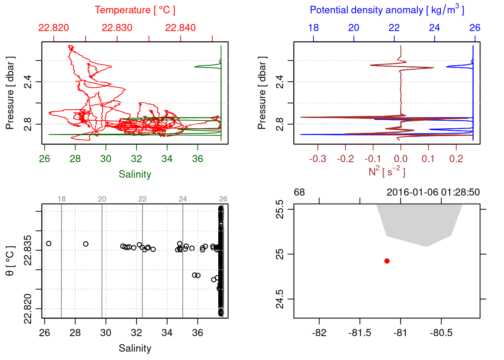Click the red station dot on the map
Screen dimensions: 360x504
click(x=387, y=261)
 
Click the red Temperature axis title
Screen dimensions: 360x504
click(x=135, y=10)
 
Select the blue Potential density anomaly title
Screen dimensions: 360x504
click(x=387, y=10)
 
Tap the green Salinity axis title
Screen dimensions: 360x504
click(x=135, y=174)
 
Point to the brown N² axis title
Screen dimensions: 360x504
click(x=387, y=172)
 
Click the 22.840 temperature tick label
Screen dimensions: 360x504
click(x=180, y=28)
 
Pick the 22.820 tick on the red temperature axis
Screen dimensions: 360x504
click(x=54, y=28)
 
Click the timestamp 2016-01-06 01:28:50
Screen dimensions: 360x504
click(x=433, y=192)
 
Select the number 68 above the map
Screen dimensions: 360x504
click(x=299, y=192)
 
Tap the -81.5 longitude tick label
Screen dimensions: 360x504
click(x=360, y=333)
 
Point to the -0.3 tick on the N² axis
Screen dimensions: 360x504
click(x=318, y=159)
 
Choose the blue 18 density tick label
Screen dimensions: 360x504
click(x=313, y=28)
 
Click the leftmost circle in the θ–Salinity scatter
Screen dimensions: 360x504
click(x=49, y=244)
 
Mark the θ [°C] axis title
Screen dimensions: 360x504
click(x=10, y=261)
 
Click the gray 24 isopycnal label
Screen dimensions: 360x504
click(x=183, y=199)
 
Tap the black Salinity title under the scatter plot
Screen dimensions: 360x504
click(x=135, y=348)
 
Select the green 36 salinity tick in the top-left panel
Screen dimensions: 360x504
click(x=198, y=159)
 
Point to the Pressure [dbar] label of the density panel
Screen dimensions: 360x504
click(x=262, y=93)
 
